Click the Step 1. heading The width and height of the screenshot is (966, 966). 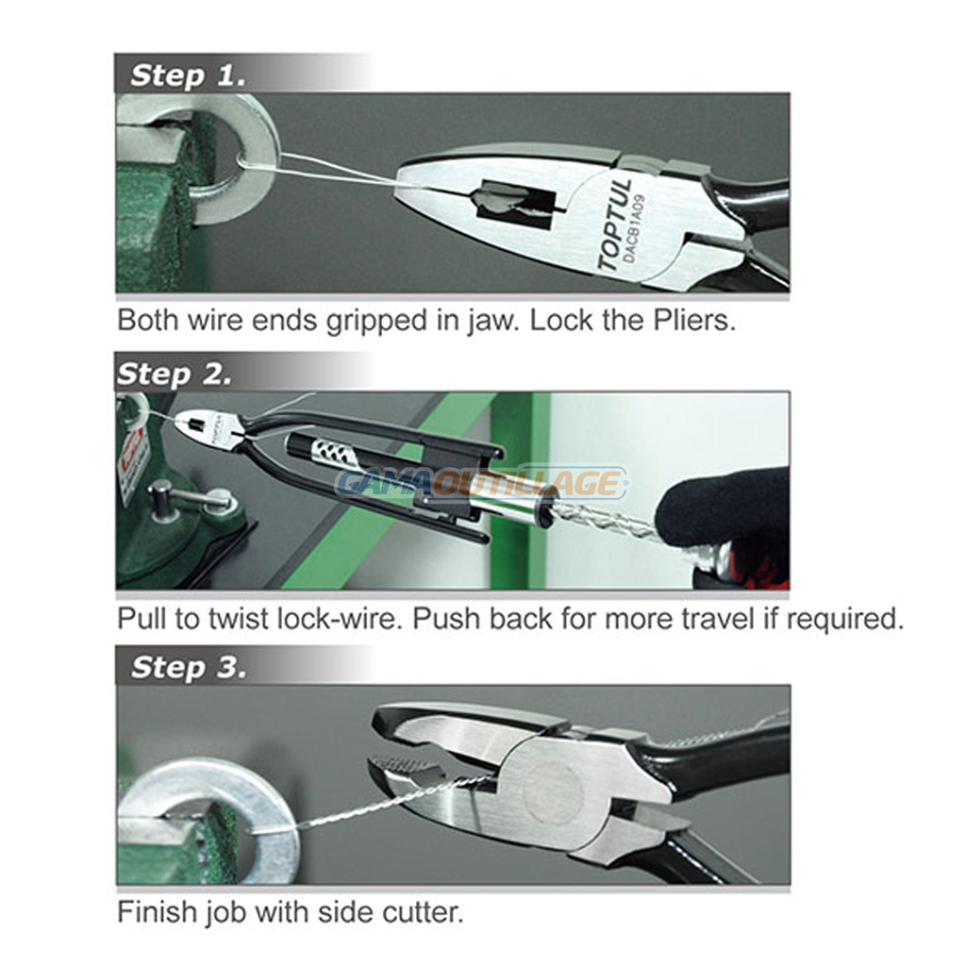[x=188, y=75]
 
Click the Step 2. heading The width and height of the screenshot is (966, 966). [x=175, y=374]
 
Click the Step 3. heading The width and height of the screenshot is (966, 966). [x=189, y=667]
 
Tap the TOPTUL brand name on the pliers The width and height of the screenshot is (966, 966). [x=615, y=225]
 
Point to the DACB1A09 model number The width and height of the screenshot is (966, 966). [x=635, y=228]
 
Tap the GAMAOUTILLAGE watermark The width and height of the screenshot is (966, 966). [x=482, y=482]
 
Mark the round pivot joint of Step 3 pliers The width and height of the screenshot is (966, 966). [x=553, y=793]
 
